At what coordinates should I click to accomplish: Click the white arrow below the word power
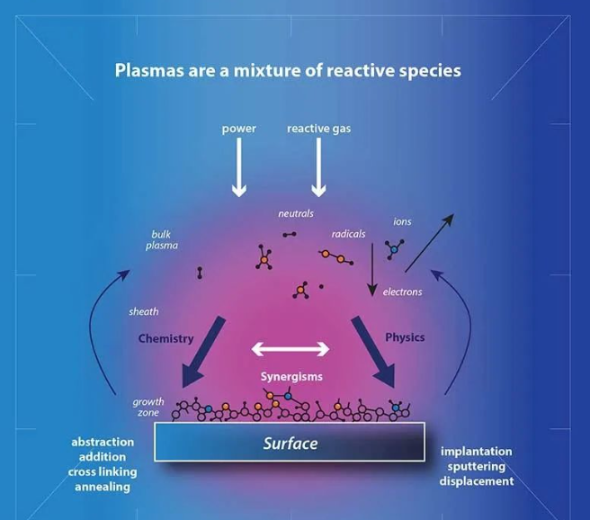239,167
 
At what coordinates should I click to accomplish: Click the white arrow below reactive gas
318,167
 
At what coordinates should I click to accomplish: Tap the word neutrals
296,214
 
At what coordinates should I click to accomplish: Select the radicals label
348,234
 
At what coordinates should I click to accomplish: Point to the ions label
402,221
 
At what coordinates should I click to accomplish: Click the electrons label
402,292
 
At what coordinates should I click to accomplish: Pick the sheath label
143,311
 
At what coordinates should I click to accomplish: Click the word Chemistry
165,338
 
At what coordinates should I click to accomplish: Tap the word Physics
405,337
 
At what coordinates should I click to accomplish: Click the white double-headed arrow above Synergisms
291,349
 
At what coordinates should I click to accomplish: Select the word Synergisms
291,377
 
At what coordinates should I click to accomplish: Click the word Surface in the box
291,444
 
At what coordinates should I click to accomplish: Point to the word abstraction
103,442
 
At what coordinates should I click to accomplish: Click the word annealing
103,487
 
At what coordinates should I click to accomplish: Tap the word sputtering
477,467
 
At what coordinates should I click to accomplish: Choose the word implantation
477,452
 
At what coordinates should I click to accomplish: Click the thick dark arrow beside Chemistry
202,353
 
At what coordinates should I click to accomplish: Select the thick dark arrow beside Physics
374,353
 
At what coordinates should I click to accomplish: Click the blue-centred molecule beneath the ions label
394,249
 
